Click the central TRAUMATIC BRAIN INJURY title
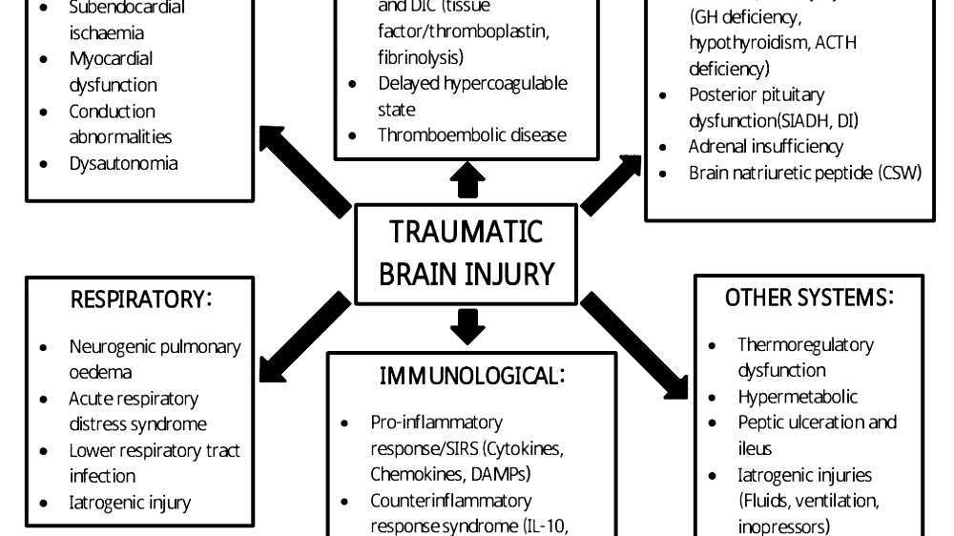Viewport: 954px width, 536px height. tap(466, 253)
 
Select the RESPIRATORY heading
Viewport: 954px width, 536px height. tap(141, 299)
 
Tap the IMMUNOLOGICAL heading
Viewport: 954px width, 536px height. tap(472, 376)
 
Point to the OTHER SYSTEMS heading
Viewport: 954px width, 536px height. tap(809, 298)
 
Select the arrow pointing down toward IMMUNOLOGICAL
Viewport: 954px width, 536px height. tap(467, 326)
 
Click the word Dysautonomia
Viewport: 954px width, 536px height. tap(123, 163)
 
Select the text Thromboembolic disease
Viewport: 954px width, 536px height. tap(471, 134)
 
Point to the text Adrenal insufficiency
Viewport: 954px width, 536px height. tap(765, 147)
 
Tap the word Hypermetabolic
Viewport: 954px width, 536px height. tap(798, 397)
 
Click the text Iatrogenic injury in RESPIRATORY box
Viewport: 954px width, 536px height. tap(130, 502)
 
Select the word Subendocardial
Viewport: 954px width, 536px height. tap(127, 9)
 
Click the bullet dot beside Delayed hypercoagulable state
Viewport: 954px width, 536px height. tap(355, 84)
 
